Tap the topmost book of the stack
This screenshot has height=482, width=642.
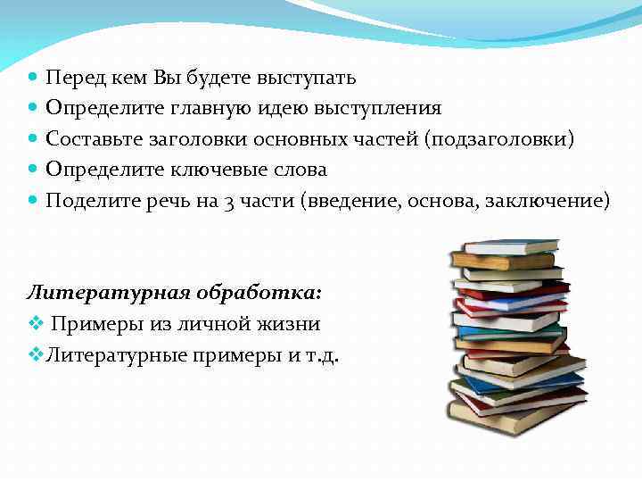(x=511, y=245)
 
